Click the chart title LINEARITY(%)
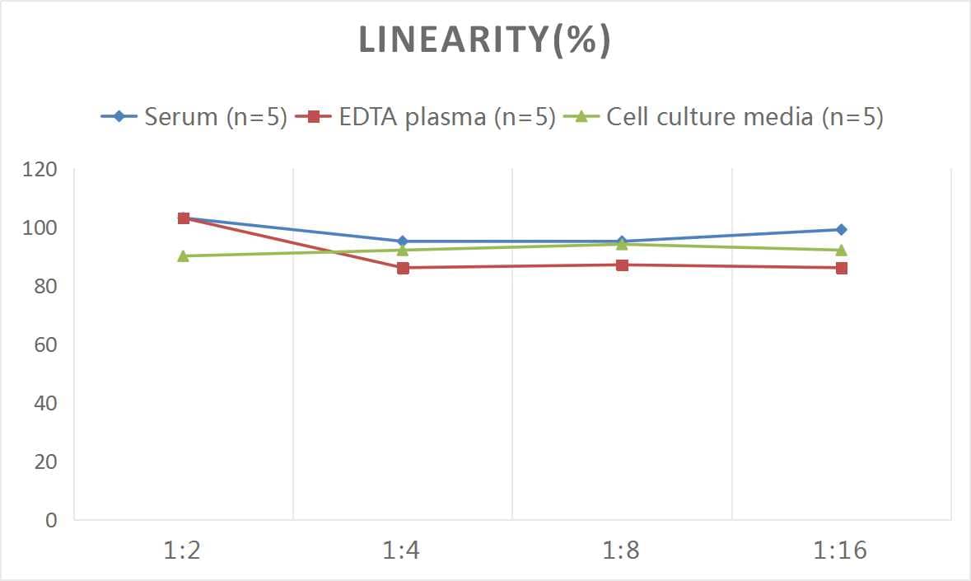(x=485, y=40)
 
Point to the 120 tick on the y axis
(x=40, y=170)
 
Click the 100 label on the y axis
(x=40, y=228)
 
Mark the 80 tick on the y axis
(x=44, y=287)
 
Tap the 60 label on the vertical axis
(x=44, y=344)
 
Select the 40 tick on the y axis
(x=44, y=403)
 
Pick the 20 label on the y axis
(x=44, y=462)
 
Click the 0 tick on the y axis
(x=51, y=520)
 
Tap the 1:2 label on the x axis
(x=183, y=551)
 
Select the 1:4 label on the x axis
(x=402, y=551)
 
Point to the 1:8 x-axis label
(x=621, y=551)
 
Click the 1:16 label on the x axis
(x=841, y=551)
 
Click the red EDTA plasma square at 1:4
(x=403, y=268)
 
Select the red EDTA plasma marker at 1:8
(x=622, y=265)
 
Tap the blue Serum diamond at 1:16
(x=841, y=230)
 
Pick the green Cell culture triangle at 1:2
(x=184, y=255)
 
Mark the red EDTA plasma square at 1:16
(x=841, y=268)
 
